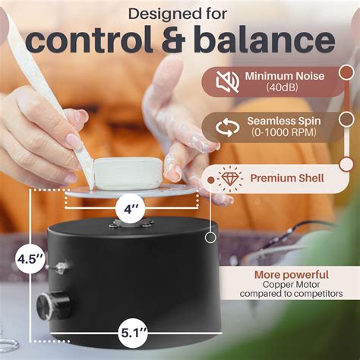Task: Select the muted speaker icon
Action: pyautogui.click(x=226, y=81)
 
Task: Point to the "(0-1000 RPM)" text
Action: pyautogui.click(x=284, y=135)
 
